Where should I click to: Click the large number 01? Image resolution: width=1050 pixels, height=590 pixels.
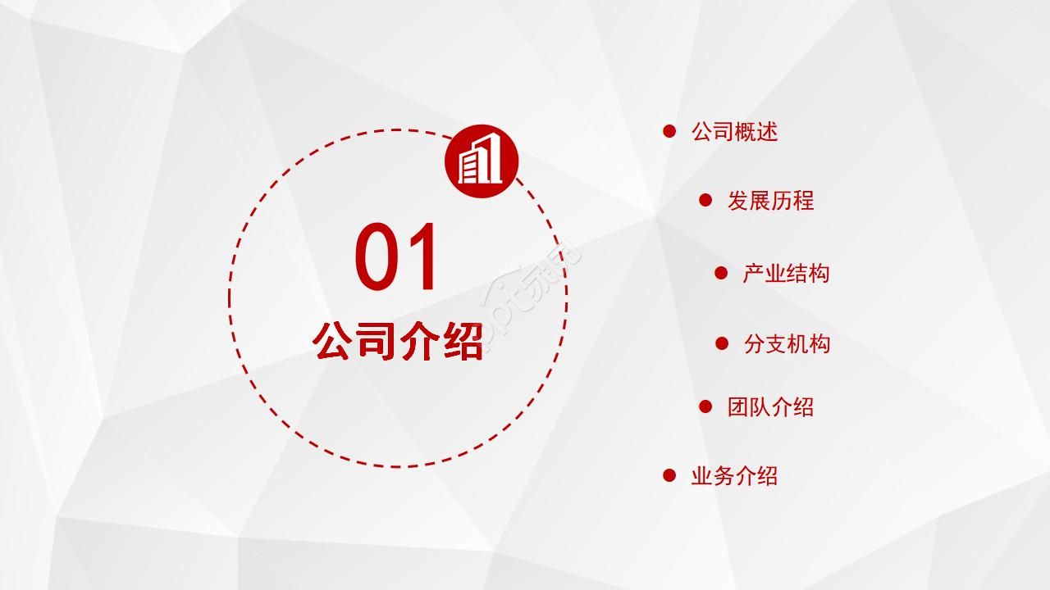[x=398, y=258]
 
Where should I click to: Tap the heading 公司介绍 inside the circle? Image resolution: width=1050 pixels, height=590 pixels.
[x=398, y=342]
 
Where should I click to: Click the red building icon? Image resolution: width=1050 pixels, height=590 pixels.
[x=482, y=161]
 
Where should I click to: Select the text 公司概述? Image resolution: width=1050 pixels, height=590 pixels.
[x=734, y=132]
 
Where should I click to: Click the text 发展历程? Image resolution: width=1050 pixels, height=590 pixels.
[x=770, y=201]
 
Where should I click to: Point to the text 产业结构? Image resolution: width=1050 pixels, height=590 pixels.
[x=786, y=274]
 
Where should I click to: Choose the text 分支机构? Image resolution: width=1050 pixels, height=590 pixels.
[x=787, y=344]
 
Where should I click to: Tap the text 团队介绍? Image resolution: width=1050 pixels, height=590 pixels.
[x=770, y=407]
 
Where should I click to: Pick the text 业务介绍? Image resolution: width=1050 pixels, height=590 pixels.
[x=734, y=476]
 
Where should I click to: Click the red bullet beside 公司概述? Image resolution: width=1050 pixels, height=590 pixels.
[x=669, y=131]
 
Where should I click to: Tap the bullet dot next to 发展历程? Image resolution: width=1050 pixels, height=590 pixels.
[x=705, y=200]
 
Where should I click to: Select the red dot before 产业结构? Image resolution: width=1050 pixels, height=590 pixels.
[x=721, y=273]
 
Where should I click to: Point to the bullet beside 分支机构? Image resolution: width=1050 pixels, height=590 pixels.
[x=722, y=343]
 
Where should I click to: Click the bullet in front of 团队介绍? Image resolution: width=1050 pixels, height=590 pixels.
[x=705, y=406]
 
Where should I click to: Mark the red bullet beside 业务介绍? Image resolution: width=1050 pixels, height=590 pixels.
[x=669, y=475]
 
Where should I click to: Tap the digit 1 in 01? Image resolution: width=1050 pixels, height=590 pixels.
[x=422, y=258]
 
